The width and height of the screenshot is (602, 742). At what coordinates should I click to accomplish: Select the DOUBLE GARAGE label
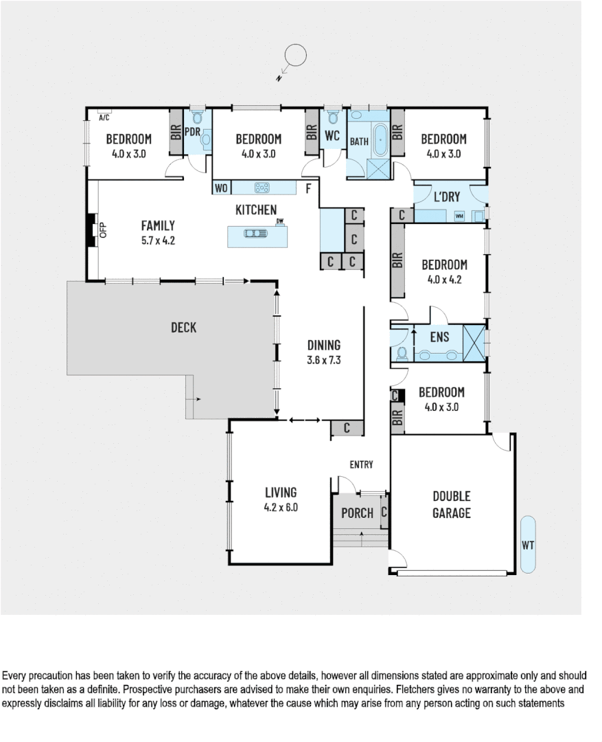(x=451, y=504)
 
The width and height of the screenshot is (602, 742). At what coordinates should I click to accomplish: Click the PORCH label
(x=357, y=513)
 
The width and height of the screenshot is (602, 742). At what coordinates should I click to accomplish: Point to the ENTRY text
(x=361, y=465)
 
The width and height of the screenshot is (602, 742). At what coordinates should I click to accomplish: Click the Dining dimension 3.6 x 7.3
(x=323, y=359)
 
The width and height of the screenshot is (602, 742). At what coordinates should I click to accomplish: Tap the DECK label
(x=183, y=328)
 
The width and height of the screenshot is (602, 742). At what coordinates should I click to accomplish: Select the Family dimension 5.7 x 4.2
(x=158, y=241)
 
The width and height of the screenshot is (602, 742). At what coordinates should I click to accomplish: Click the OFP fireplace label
(x=104, y=230)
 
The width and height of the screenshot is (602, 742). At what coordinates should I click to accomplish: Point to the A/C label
(x=104, y=117)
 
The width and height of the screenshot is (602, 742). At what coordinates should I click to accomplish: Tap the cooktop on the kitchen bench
(x=262, y=187)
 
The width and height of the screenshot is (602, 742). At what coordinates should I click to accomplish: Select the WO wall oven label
(x=221, y=188)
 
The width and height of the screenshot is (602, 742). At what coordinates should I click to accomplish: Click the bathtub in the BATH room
(x=380, y=137)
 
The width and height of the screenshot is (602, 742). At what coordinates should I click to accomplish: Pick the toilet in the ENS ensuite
(x=402, y=353)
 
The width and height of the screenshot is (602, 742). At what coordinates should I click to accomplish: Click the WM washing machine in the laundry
(x=459, y=216)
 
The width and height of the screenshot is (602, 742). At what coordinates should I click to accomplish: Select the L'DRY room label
(x=447, y=197)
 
